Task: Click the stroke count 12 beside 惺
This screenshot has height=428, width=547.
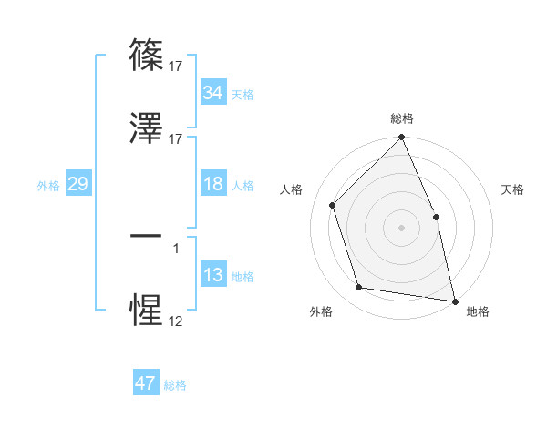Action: [175, 321]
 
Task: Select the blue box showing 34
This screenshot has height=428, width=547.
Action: [213, 93]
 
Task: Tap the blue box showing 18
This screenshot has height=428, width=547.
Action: [213, 184]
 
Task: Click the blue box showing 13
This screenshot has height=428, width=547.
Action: [213, 275]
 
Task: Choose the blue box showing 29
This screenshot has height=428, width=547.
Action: [77, 184]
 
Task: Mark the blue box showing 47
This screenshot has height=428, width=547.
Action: [146, 383]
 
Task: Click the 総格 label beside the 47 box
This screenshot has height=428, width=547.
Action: [175, 385]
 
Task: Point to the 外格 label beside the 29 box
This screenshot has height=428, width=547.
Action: [48, 185]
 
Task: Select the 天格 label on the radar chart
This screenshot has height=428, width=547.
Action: [513, 189]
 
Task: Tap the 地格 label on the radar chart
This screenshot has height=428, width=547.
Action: [478, 311]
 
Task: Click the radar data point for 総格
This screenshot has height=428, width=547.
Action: [401, 138]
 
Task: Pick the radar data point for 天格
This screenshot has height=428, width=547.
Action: [436, 217]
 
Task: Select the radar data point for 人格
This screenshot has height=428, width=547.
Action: [333, 205]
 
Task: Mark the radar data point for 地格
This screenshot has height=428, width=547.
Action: [454, 300]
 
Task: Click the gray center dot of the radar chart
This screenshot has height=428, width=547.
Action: [401, 228]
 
